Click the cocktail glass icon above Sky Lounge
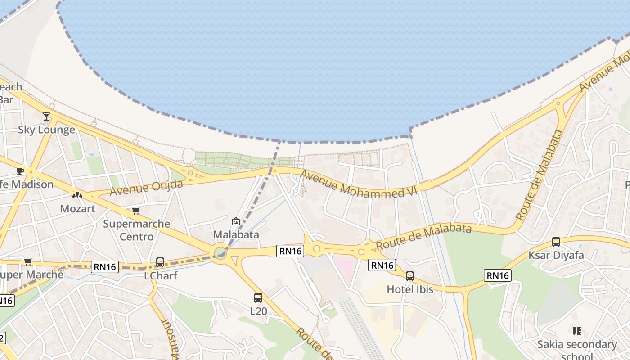46,117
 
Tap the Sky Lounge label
46,130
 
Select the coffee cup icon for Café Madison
20,171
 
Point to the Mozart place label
78,209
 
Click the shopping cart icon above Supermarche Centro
136,211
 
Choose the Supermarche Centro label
137,230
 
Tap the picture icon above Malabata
235,221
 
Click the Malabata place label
236,234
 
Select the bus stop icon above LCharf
160,262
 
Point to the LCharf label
161,275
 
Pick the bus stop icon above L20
258,297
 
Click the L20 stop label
258,311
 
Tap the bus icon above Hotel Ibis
409,276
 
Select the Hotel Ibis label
410,289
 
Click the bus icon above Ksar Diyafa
556,242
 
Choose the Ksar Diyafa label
556,255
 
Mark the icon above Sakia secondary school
577,332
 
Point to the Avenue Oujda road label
146,188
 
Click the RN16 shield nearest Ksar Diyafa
498,275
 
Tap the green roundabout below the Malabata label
220,253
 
